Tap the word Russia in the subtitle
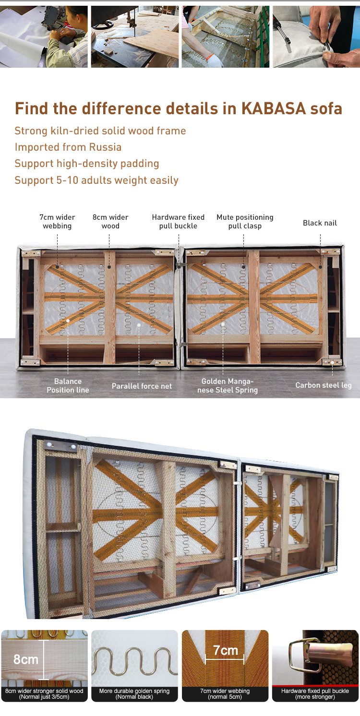(x=105, y=147)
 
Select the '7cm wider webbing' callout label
(x=57, y=222)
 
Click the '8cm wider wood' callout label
(x=110, y=222)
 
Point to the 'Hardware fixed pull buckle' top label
(x=178, y=222)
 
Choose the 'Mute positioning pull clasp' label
(x=245, y=222)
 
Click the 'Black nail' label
(x=320, y=223)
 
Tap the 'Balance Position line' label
(x=68, y=385)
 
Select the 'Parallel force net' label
(x=142, y=386)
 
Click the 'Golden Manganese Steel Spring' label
(x=228, y=385)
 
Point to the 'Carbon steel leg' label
(x=323, y=385)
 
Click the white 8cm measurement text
(x=26, y=659)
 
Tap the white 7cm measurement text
(x=226, y=650)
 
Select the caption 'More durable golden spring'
(x=134, y=691)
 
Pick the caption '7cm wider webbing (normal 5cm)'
(x=225, y=693)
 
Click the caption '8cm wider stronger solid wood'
(x=44, y=691)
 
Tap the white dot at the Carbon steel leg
(x=332, y=363)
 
